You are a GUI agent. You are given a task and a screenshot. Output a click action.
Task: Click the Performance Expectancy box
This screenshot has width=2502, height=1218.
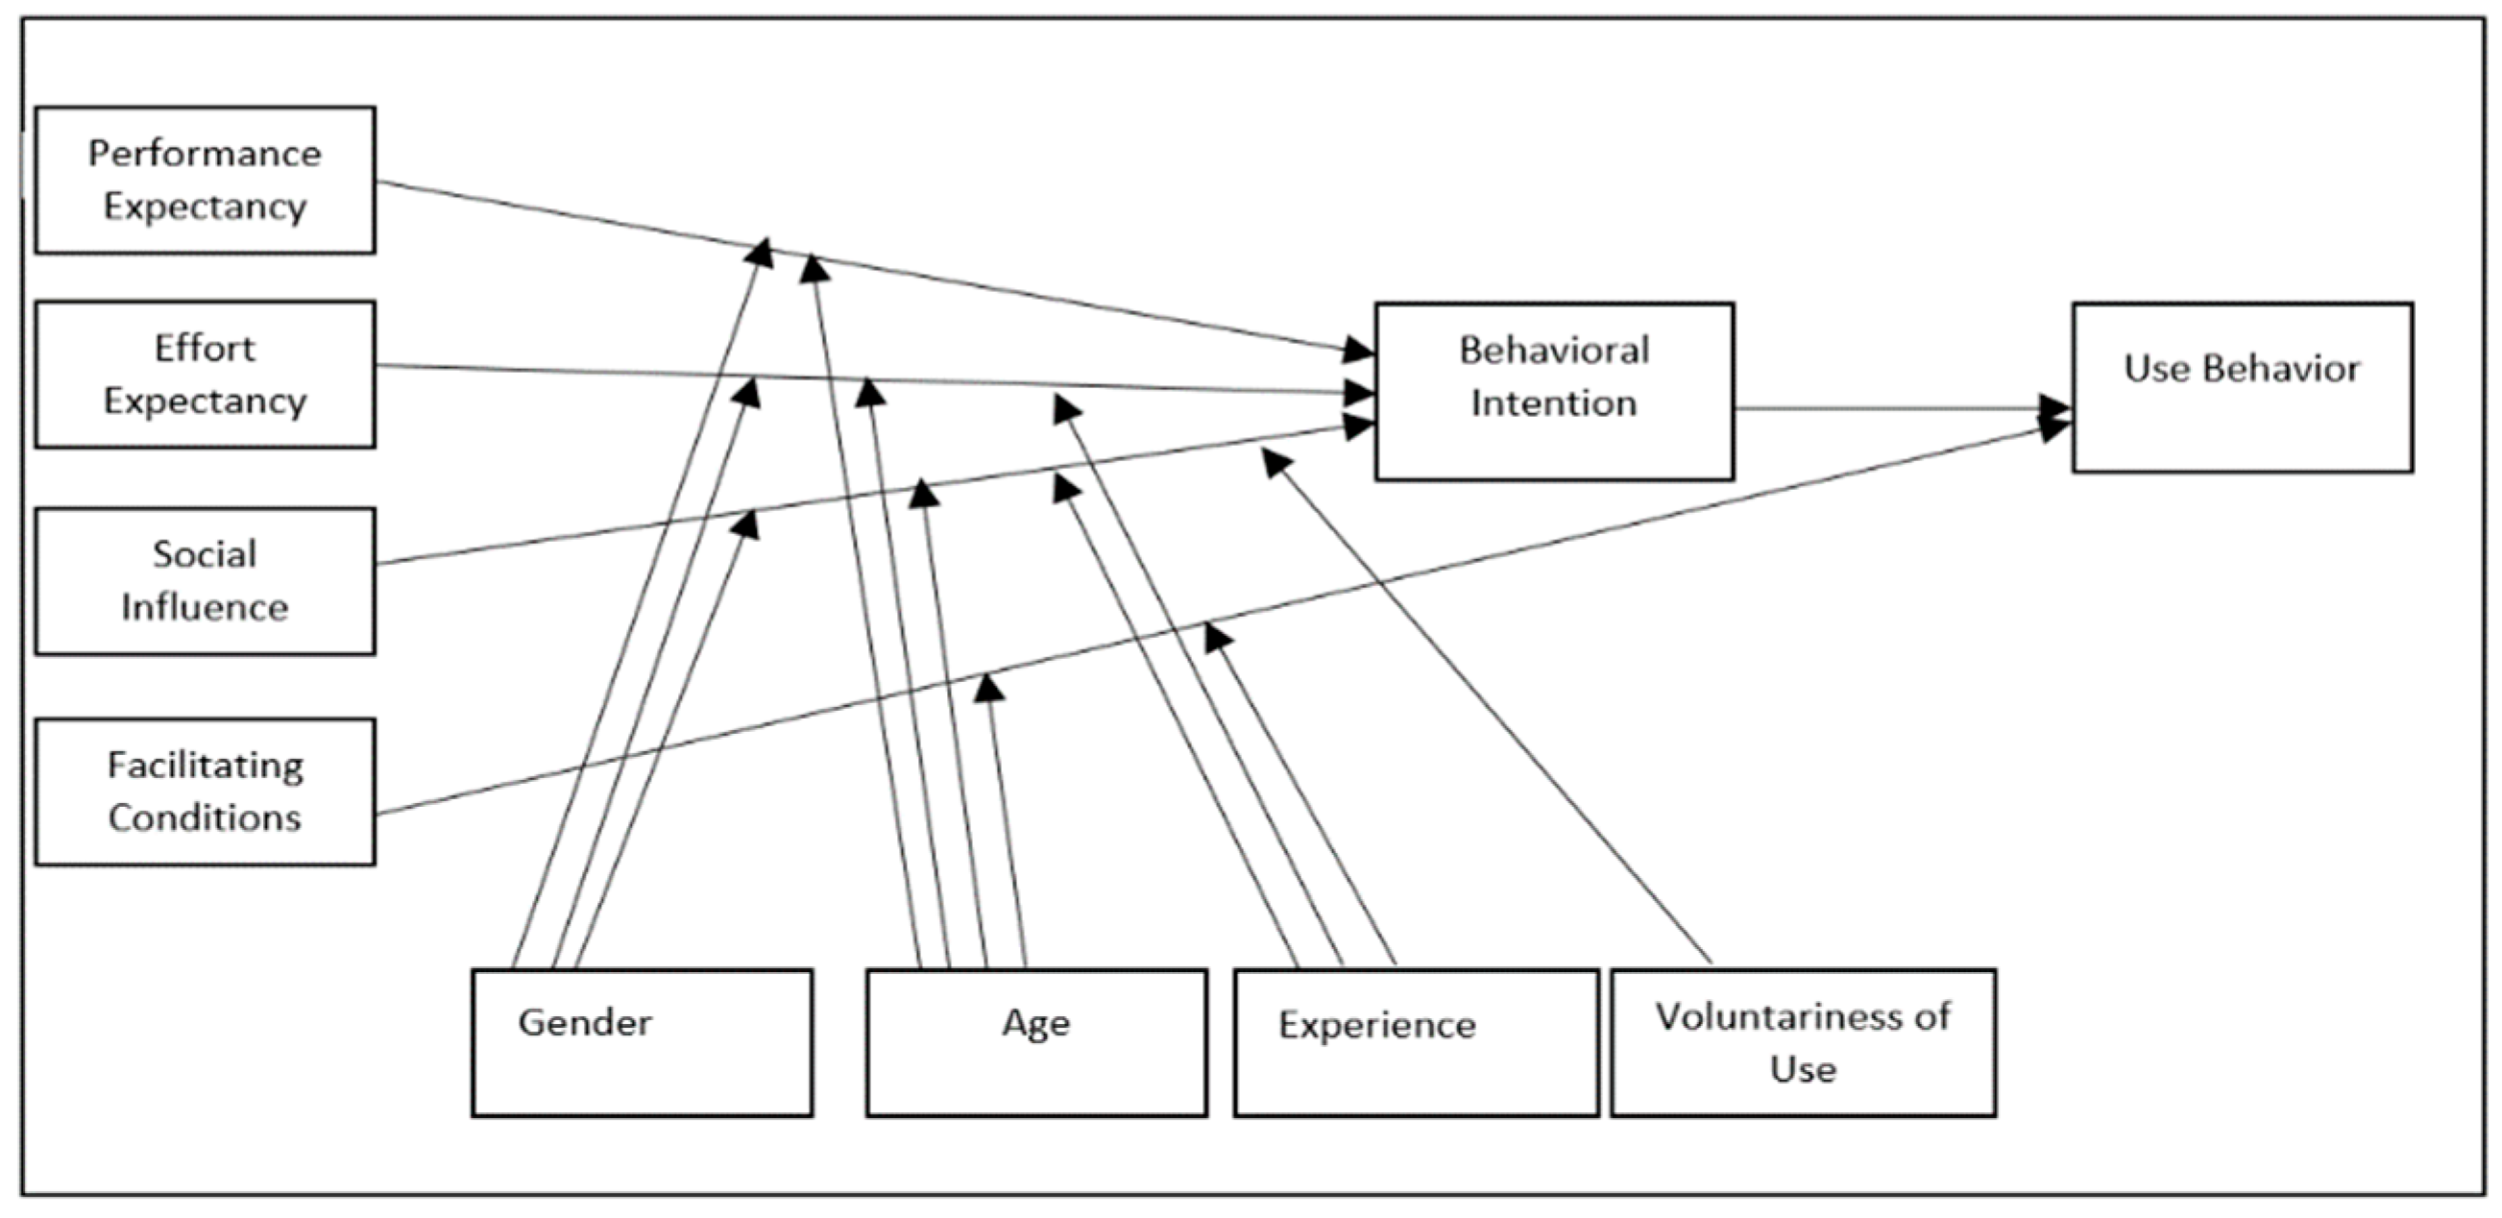pyautogui.click(x=205, y=181)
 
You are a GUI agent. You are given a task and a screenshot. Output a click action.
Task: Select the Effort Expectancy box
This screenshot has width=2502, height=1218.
pyautogui.click(x=205, y=375)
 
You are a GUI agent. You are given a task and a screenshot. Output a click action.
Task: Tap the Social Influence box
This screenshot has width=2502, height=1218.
pyautogui.click(x=205, y=581)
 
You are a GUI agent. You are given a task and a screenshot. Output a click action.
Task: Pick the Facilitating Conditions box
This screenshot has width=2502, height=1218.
pyautogui.click(x=205, y=792)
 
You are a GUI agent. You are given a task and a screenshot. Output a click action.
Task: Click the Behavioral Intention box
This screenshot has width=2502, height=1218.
pyautogui.click(x=1554, y=390)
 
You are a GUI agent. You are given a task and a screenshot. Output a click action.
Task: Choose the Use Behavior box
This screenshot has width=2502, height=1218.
pyautogui.click(x=2242, y=387)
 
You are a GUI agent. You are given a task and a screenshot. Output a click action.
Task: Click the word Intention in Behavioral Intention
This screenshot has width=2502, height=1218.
pyautogui.click(x=1554, y=403)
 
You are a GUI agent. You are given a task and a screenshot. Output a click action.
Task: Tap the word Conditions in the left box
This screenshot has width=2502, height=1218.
pyautogui.click(x=205, y=817)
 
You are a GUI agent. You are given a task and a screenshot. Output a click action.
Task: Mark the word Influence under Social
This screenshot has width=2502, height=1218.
pyautogui.click(x=205, y=608)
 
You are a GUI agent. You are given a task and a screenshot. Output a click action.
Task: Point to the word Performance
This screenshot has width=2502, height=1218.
pyautogui.click(x=205, y=154)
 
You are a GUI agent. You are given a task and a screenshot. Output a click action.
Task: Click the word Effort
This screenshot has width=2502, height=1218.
pyautogui.click(x=205, y=348)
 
